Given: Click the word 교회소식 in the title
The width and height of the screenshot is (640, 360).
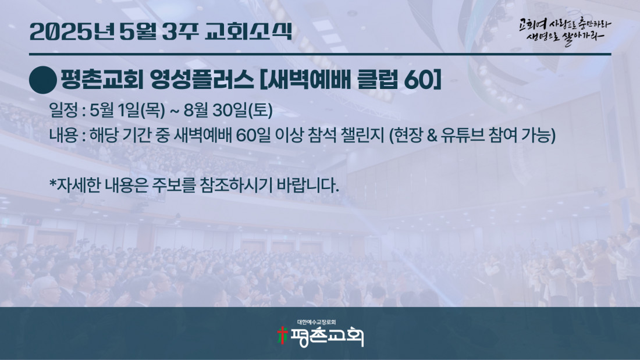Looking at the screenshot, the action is (x=248, y=31).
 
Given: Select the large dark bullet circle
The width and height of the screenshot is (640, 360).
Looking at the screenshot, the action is (x=43, y=80).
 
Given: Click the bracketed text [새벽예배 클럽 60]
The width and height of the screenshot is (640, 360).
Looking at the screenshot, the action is (x=351, y=80).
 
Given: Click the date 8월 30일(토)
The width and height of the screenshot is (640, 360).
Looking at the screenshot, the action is (x=228, y=110).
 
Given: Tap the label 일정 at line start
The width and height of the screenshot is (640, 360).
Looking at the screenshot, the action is (x=63, y=110).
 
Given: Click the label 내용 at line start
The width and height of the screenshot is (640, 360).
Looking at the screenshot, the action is (x=63, y=135).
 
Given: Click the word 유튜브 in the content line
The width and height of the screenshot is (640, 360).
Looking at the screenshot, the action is (x=463, y=136).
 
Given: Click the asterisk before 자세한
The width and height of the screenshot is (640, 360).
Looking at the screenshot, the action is (x=52, y=182).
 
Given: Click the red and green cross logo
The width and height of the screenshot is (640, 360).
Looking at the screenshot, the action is (x=282, y=336).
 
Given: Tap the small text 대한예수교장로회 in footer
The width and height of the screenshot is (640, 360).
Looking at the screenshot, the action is (x=317, y=322).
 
